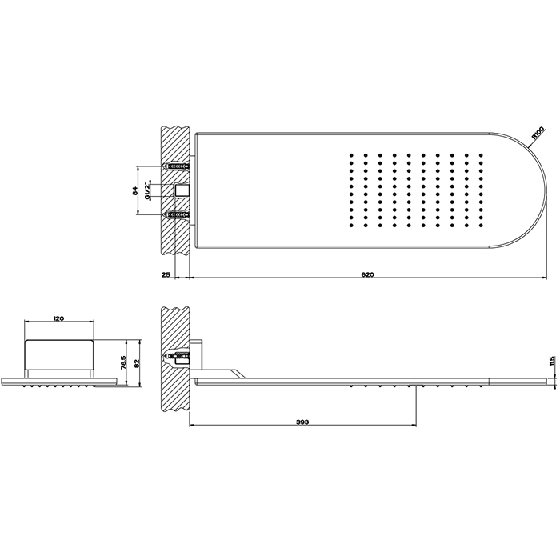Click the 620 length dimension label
(x=367, y=274)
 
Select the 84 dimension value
(x=134, y=190)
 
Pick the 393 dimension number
(x=302, y=422)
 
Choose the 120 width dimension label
(x=58, y=318)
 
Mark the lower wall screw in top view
(x=177, y=214)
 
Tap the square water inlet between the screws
(x=182, y=190)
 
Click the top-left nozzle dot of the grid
(x=350, y=152)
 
